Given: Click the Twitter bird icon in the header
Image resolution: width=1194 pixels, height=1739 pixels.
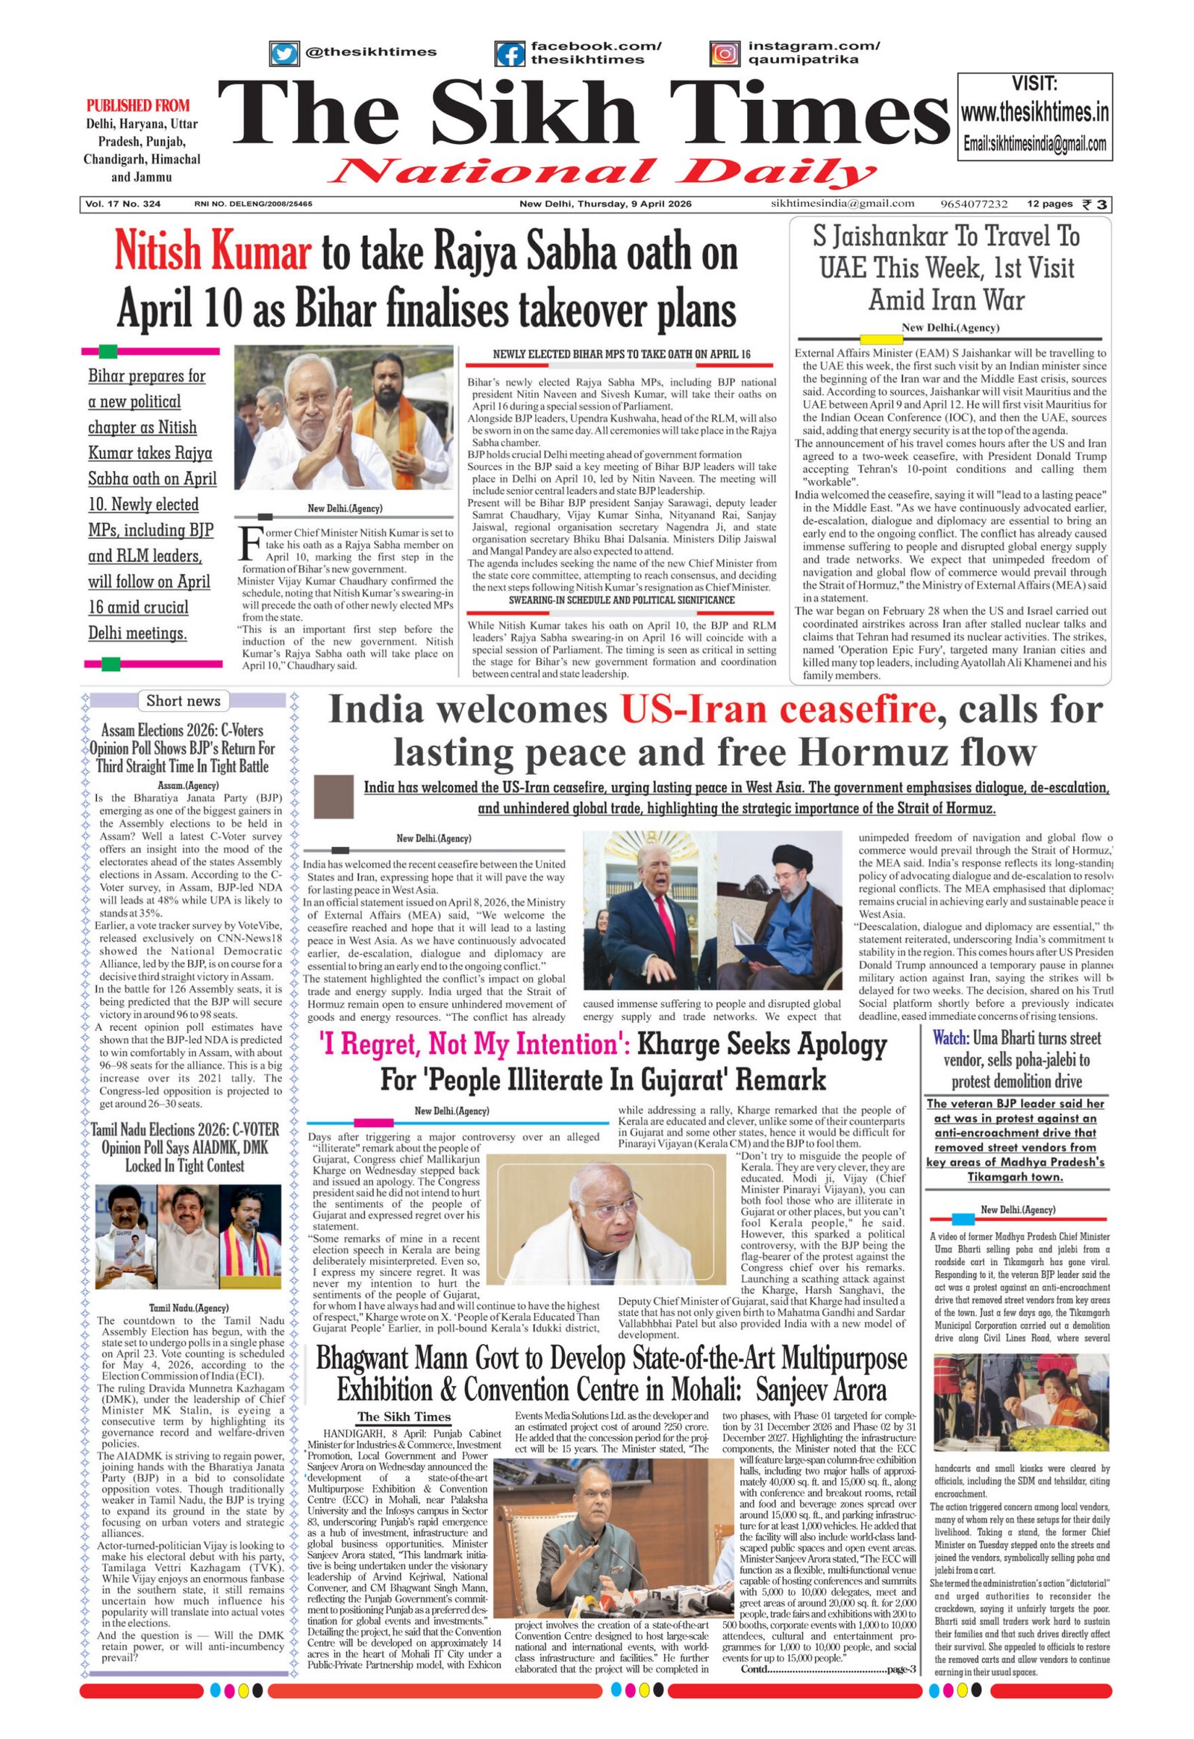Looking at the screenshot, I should (284, 54).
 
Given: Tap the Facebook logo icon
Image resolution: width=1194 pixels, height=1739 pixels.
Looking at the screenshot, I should (510, 54).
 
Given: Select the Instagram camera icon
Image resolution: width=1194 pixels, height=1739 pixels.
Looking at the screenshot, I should (724, 54).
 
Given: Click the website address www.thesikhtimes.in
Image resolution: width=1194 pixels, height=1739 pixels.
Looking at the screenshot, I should (1034, 113).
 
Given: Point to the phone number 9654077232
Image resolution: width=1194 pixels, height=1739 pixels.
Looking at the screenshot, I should (974, 205).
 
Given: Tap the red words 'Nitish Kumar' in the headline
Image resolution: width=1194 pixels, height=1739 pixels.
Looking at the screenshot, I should (213, 253).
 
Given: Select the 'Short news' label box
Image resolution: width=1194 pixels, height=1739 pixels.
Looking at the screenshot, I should (184, 701).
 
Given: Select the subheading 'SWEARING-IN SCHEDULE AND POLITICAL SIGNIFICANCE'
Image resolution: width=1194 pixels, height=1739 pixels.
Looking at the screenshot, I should (621, 600).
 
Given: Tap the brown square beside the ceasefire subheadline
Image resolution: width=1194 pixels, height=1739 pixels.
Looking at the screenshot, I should (333, 797).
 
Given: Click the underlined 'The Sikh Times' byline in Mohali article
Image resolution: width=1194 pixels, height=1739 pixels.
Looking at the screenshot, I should (403, 1416).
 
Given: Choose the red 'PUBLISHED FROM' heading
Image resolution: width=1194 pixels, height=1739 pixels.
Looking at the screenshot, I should (137, 105).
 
